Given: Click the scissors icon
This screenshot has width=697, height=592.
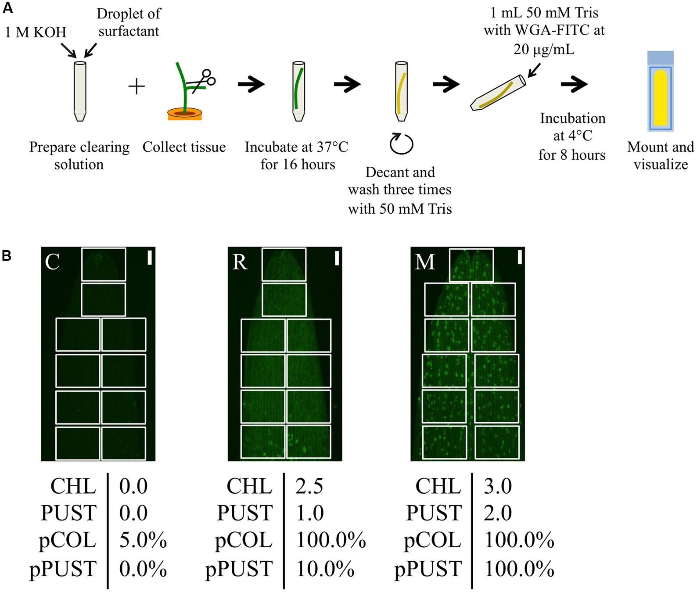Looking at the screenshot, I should coord(203,80).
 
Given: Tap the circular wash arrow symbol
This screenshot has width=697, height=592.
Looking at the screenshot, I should coord(401,144).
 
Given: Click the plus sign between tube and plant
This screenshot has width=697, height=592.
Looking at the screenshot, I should coord(137,86).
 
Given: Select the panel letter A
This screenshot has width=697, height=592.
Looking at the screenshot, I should coord(7,7).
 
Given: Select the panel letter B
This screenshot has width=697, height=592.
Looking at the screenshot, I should coord(7,255).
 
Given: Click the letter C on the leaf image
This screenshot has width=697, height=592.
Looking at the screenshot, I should coord(52,262).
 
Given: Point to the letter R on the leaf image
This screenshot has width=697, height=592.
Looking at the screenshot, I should coord(240,262).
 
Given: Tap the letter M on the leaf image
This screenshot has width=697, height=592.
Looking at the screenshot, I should coord(424,262).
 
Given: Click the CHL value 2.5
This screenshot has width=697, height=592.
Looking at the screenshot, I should coord(309,486).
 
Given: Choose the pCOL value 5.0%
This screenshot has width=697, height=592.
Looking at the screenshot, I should coord(143,540).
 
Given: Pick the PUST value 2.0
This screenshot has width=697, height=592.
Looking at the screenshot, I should coord(498,513).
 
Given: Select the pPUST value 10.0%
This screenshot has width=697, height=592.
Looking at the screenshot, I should coord(325,569).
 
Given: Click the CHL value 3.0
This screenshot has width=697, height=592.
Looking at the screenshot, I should coord(498,486).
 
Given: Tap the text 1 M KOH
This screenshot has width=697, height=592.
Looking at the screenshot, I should coord(36,32).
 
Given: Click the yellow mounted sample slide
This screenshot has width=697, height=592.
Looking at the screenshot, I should coord(661,97).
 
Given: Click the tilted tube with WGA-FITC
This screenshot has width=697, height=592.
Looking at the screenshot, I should coord(497,93).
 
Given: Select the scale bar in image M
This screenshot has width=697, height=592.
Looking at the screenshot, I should coord(520,257).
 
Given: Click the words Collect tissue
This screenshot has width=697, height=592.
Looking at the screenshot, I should coord(184,147).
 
